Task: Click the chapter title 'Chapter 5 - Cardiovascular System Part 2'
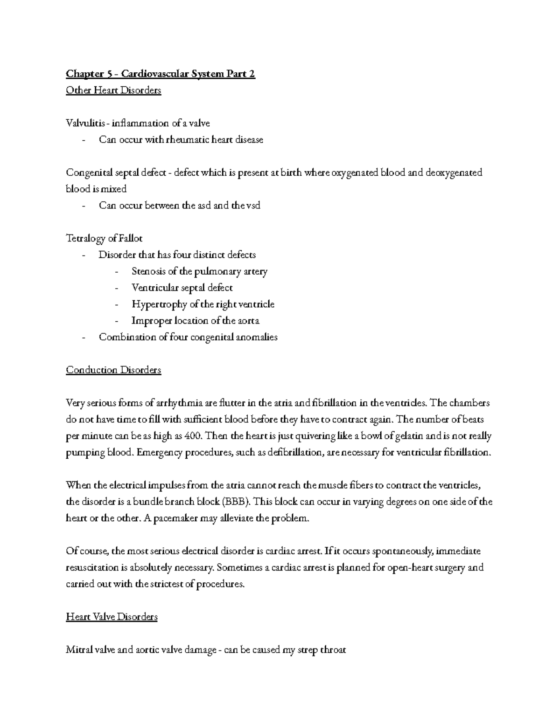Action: click(x=161, y=74)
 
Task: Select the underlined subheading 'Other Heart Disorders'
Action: click(x=113, y=90)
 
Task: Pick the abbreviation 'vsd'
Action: click(x=252, y=206)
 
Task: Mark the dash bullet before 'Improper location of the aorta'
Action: click(x=116, y=321)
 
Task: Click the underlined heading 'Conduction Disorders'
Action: click(x=113, y=370)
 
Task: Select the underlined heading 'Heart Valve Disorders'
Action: click(x=112, y=617)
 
